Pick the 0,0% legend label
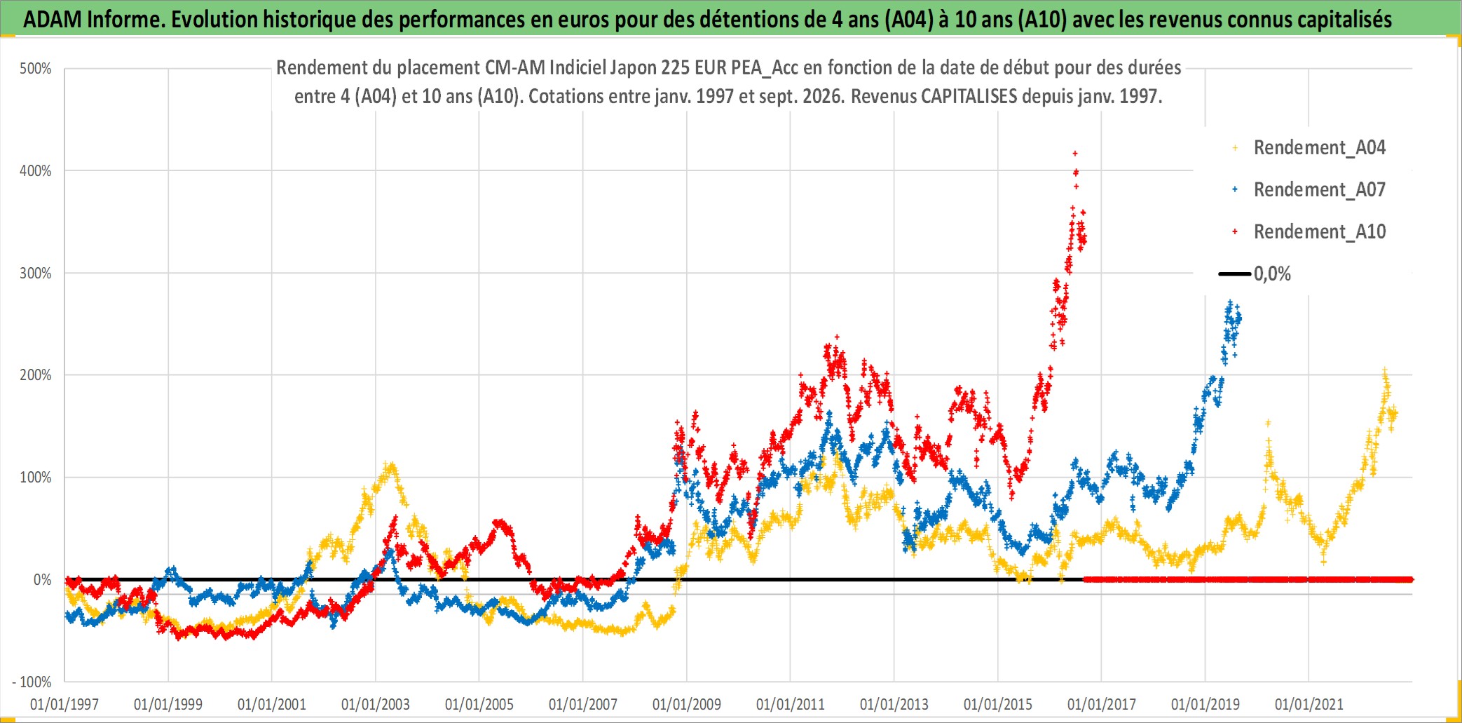1272,274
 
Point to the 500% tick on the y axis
36,69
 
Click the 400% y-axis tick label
36,171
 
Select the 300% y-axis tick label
36,273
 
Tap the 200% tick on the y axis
36,375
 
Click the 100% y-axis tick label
36,478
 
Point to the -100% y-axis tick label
32,682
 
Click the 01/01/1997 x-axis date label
64,705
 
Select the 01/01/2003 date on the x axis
376,705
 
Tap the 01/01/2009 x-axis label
687,705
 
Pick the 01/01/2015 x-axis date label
998,705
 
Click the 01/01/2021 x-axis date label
1309,705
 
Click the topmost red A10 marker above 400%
1075,153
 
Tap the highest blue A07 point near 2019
1230,302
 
